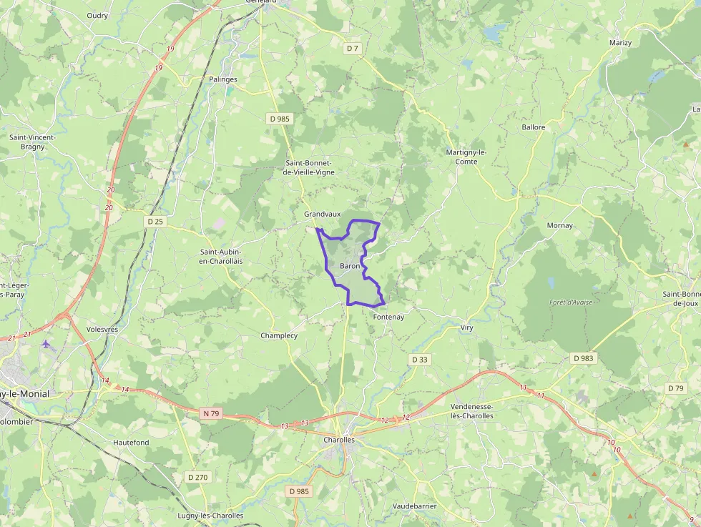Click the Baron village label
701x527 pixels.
tap(350, 266)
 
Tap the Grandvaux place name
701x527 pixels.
tap(322, 214)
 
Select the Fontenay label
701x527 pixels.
tap(388, 317)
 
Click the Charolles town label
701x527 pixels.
tap(338, 440)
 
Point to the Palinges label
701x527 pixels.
tap(223, 79)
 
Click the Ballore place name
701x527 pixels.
tap(534, 127)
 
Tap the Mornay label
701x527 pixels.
tap(559, 225)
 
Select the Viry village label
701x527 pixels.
tap(466, 327)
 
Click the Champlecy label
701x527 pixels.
tap(279, 335)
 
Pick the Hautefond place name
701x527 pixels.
tap(131, 443)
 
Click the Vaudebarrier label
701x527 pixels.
tap(414, 506)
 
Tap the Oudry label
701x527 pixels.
tap(97, 15)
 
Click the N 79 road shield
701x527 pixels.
tap(210, 413)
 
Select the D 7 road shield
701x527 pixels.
tap(352, 49)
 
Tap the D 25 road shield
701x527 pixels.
tap(155, 222)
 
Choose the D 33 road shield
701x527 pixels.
tap(420, 359)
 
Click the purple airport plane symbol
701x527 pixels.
tap(46, 344)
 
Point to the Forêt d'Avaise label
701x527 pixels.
tap(571, 302)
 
